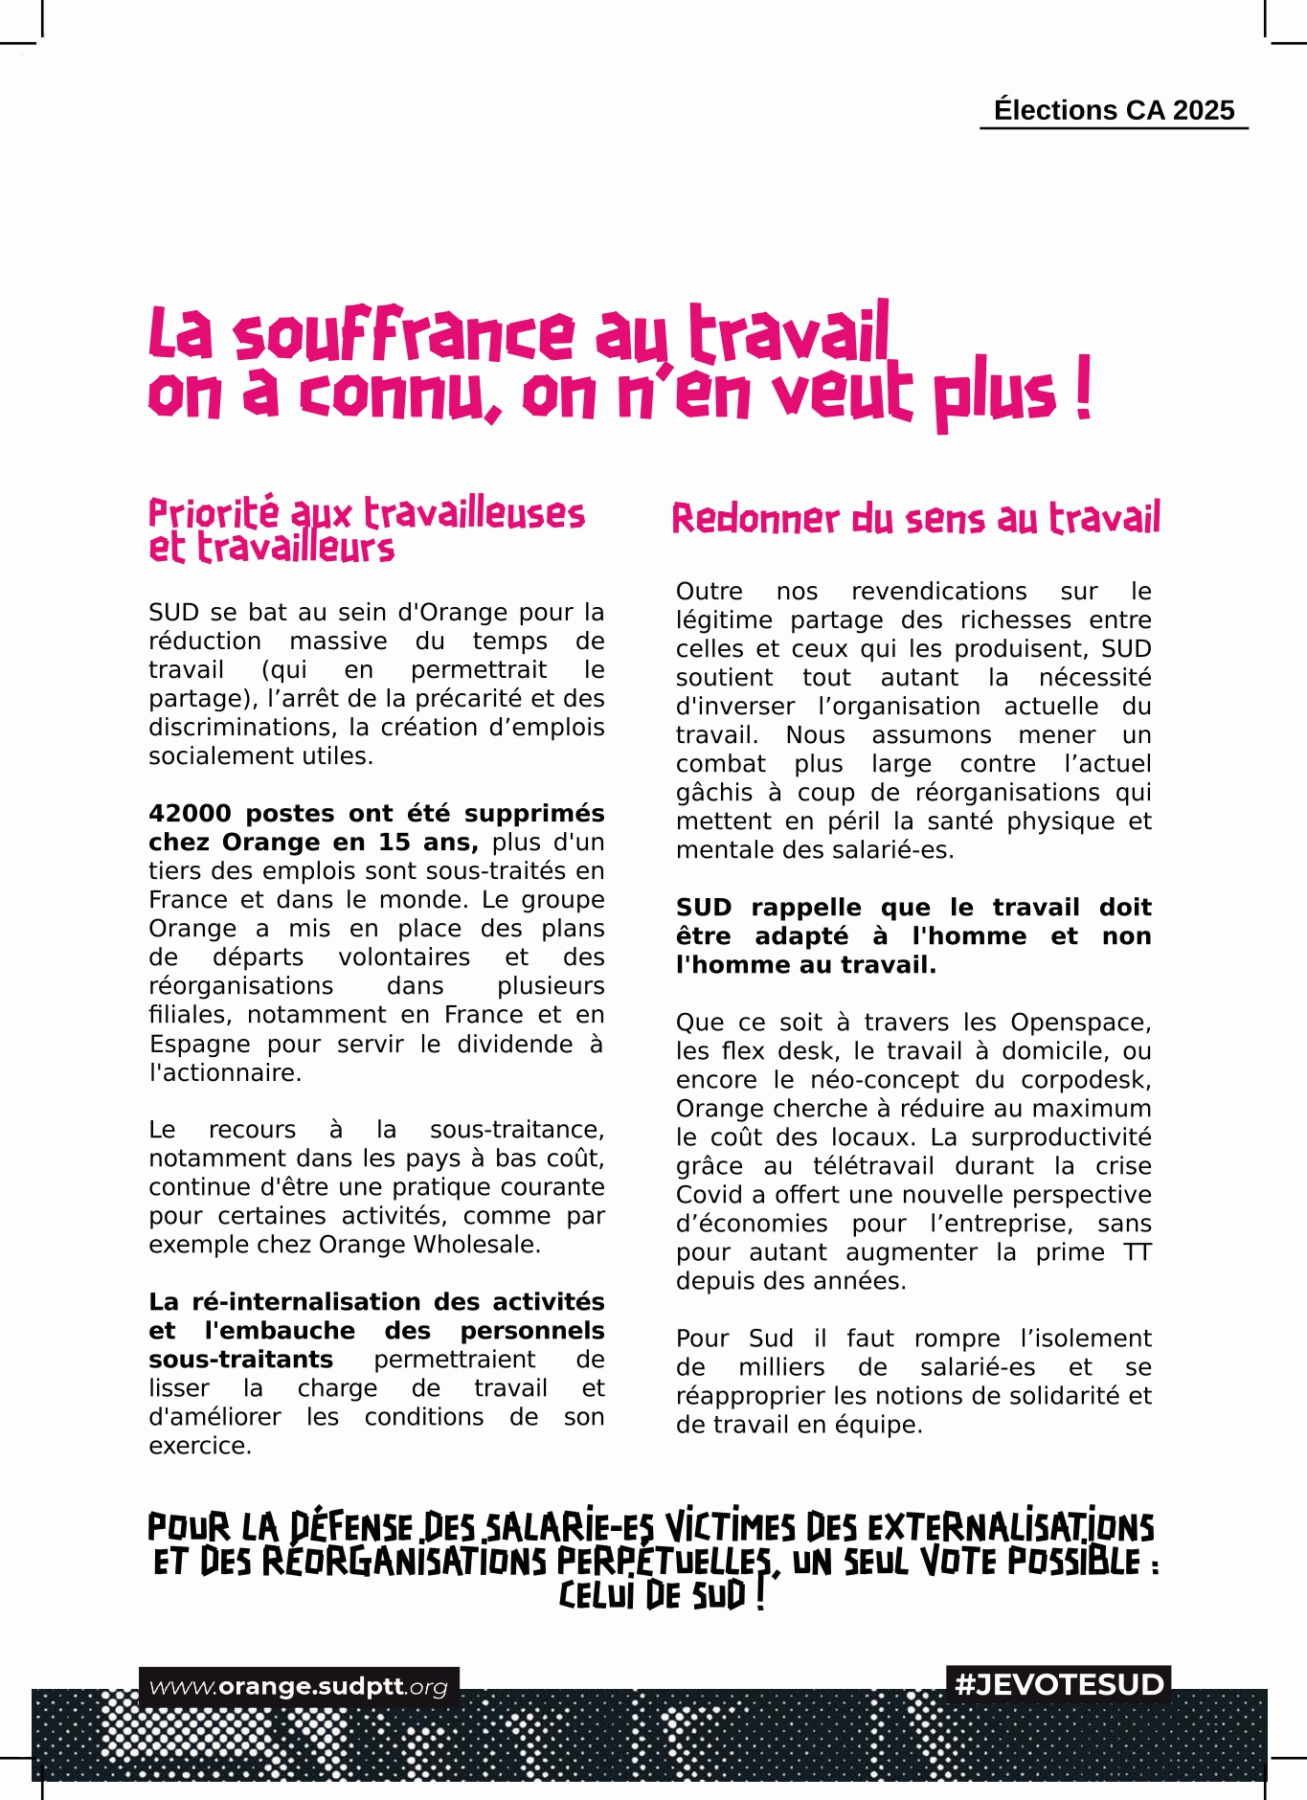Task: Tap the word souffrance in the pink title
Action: coord(404,335)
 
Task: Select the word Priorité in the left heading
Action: coord(213,513)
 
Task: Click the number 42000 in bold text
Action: coord(190,814)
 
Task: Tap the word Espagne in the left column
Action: coord(200,1044)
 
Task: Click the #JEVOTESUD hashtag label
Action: coord(1058,1684)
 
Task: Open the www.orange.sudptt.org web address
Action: coord(299,1687)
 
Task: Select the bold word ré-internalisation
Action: coord(305,1302)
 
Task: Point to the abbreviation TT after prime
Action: coord(1137,1252)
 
